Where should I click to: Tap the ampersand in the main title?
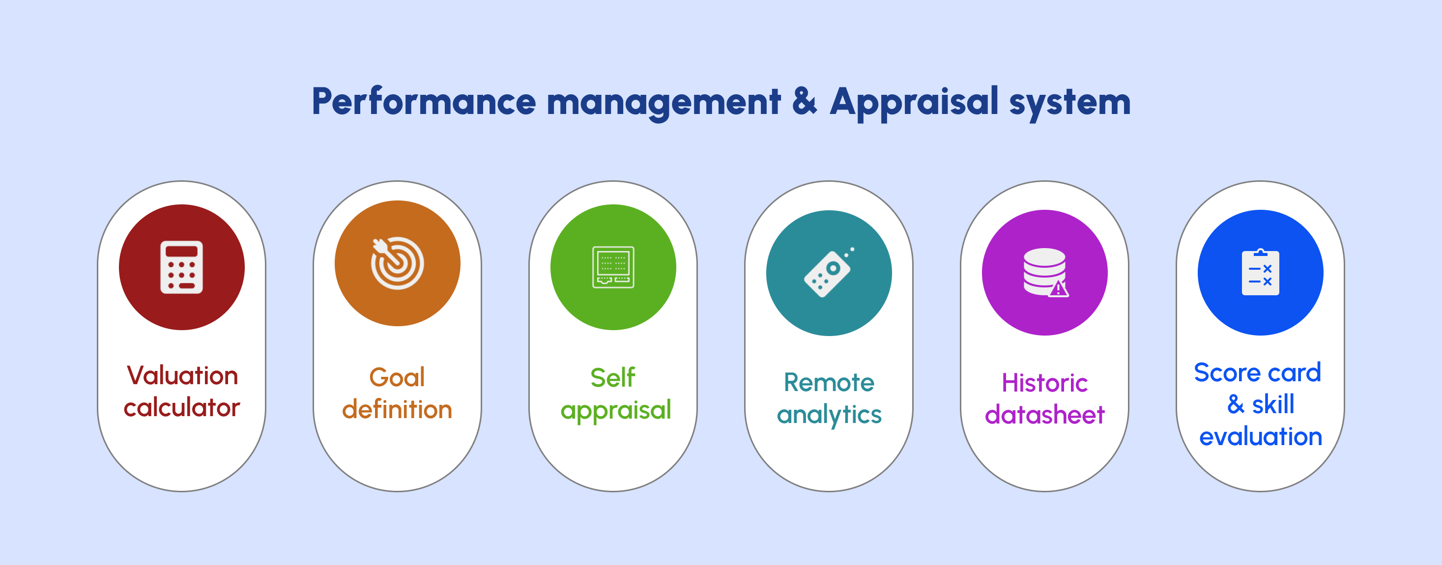805,101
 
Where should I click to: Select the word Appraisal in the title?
914,102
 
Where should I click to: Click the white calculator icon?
181,267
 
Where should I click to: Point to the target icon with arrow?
397,263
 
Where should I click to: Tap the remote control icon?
829,273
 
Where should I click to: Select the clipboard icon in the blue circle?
1260,273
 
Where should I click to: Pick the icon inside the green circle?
613,267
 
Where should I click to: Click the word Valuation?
182,375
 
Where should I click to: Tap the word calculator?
181,407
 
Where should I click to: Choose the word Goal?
397,378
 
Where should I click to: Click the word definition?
397,409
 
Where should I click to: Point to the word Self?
613,378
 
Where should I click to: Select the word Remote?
829,383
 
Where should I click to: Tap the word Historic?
1044,383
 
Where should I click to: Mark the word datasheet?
1044,415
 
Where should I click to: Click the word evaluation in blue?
1261,436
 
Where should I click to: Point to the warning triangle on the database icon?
1058,289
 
